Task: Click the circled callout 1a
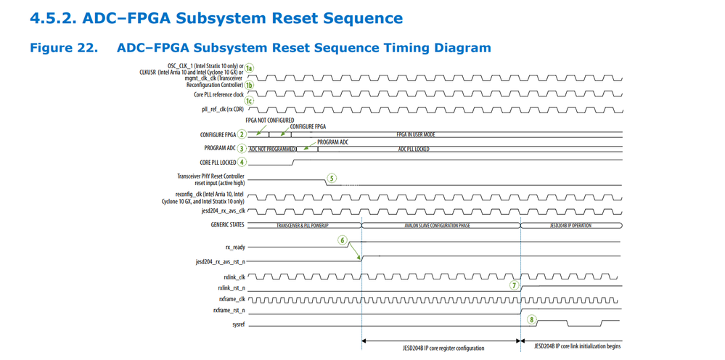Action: click(249, 67)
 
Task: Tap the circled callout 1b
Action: click(249, 84)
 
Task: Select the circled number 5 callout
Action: click(332, 178)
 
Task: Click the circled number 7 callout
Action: click(514, 285)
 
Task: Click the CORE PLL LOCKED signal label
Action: click(218, 163)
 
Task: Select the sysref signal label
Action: click(239, 324)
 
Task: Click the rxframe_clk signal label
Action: click(232, 298)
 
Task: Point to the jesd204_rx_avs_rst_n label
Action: click(220, 261)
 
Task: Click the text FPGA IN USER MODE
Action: click(416, 134)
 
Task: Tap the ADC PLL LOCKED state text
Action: click(414, 149)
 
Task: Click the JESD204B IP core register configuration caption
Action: click(443, 348)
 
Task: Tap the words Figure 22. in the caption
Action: click(63, 48)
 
